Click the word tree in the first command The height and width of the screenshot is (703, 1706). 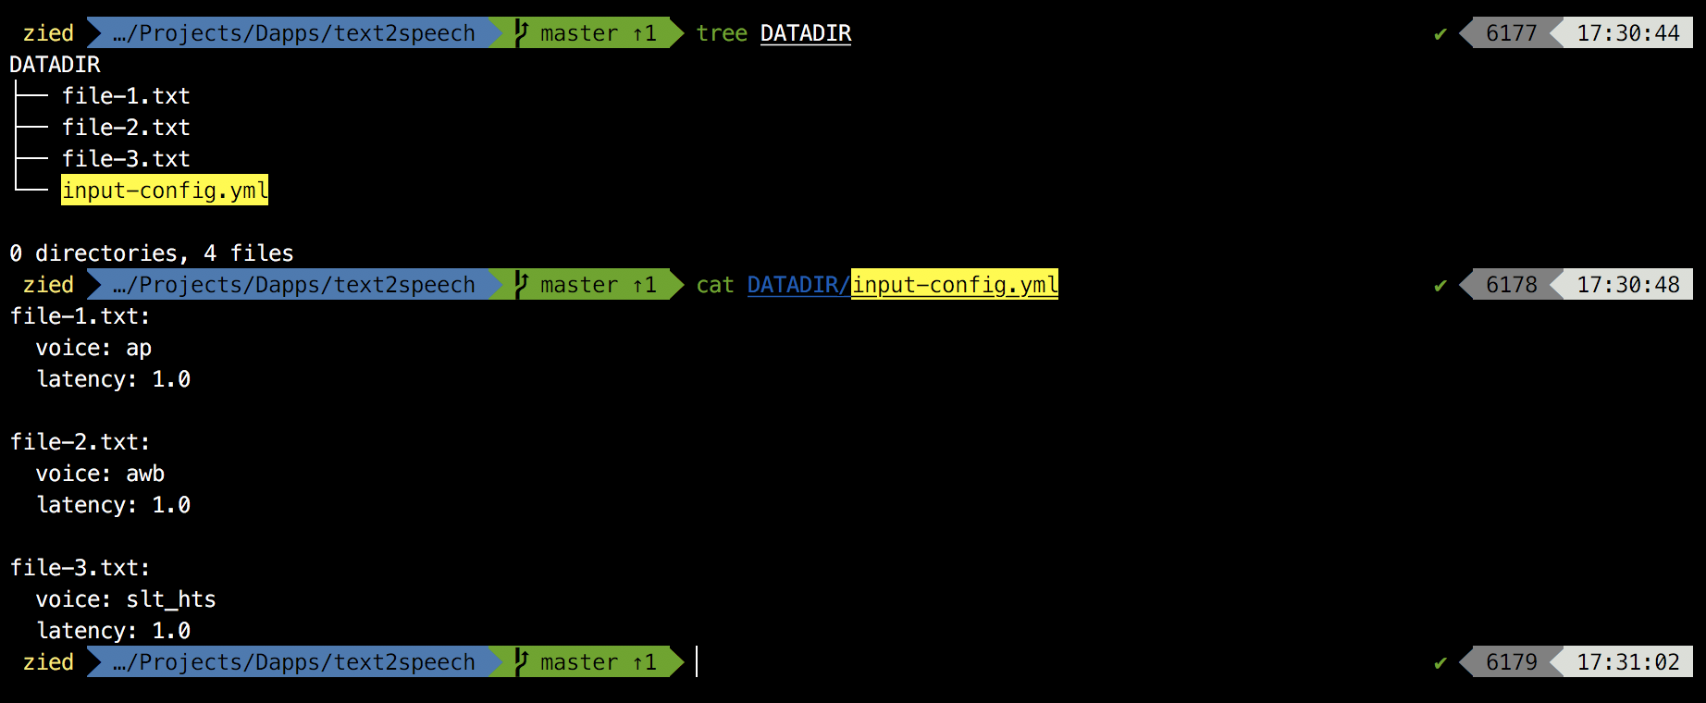pos(722,33)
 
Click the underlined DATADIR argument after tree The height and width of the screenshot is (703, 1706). pos(805,33)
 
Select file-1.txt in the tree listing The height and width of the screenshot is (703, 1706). pos(126,96)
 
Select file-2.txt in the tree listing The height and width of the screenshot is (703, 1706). pos(126,128)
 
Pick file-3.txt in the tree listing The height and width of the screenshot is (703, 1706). pos(126,159)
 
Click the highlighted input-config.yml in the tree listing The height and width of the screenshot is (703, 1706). pos(165,191)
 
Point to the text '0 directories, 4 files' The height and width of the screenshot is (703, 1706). pos(152,253)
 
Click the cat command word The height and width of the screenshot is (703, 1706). pos(715,285)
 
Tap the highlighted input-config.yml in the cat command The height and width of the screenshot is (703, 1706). pos(954,285)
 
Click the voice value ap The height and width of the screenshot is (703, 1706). pos(139,348)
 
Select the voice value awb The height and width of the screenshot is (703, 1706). pos(145,474)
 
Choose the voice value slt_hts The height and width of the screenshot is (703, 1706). pos(171,599)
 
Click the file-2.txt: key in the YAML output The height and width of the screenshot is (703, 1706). pos(80,442)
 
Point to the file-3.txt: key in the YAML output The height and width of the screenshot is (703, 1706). pos(80,568)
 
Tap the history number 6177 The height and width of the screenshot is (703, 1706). pos(1511,33)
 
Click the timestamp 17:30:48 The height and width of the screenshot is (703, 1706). pos(1628,285)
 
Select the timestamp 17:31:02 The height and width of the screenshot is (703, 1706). pos(1628,662)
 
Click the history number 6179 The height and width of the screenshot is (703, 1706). pos(1511,662)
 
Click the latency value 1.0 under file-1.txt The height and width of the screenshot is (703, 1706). pos(171,379)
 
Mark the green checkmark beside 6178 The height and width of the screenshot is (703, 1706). pos(1440,286)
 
